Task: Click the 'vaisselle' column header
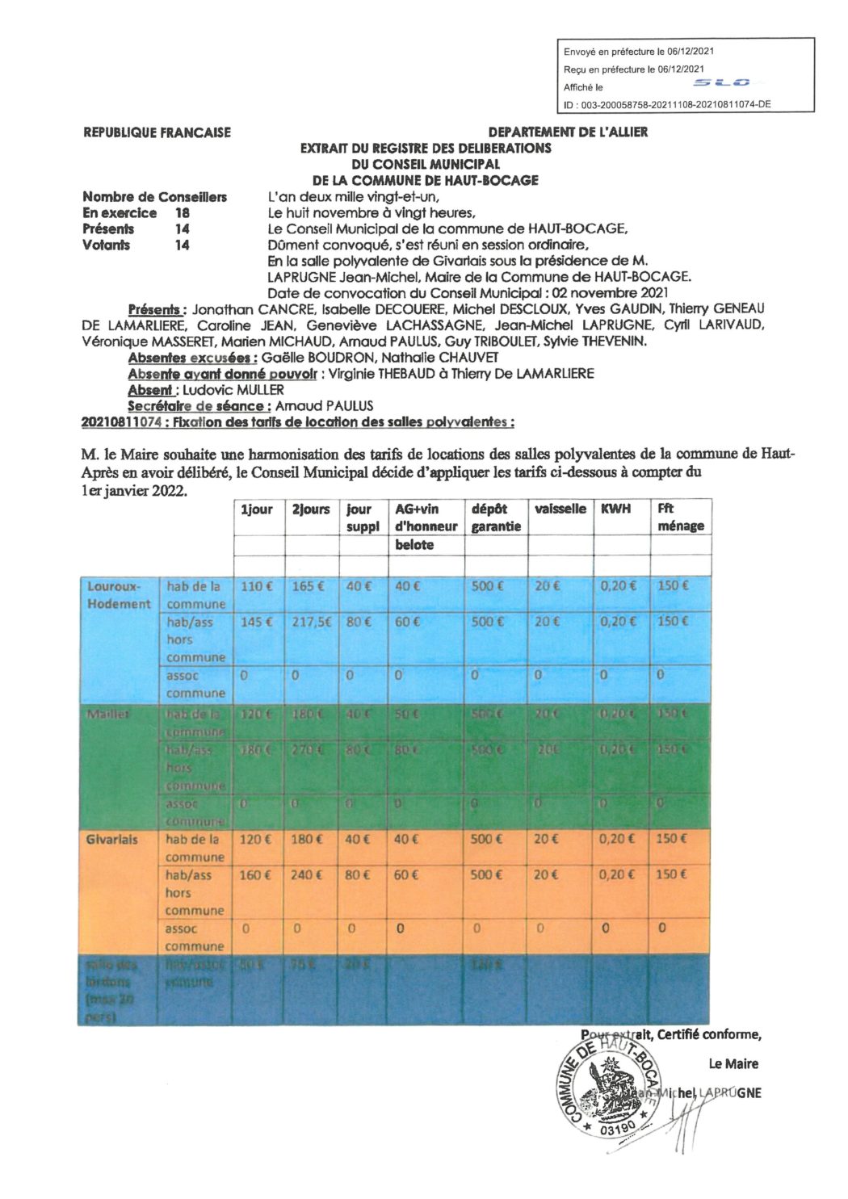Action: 560,509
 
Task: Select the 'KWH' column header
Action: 615,509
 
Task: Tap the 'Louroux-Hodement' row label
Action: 119,595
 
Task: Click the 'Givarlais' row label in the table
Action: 111,840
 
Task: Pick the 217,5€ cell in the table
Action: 311,622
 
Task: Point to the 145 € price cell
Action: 257,622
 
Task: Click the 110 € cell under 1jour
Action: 257,586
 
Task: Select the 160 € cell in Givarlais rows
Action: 256,874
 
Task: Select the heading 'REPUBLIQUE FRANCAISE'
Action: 157,132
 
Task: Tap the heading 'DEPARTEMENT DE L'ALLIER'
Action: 568,132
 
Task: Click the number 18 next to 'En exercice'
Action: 183,213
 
